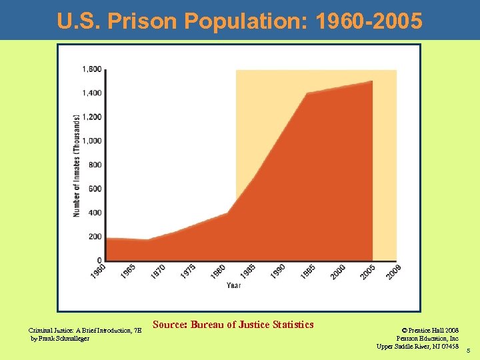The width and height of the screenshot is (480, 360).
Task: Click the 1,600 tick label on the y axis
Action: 92,69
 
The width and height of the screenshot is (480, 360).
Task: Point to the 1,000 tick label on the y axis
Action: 92,141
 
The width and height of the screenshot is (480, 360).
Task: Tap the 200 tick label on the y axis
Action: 95,237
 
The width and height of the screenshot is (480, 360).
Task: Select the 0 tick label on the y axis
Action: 99,261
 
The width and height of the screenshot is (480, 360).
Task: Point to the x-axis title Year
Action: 233,285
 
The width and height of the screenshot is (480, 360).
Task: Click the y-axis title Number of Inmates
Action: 77,165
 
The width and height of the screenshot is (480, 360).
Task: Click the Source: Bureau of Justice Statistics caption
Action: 233,325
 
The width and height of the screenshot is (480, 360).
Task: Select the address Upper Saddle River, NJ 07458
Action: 417,346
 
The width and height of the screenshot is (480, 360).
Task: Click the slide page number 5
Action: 469,351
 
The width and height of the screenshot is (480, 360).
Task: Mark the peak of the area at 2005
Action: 371,81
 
